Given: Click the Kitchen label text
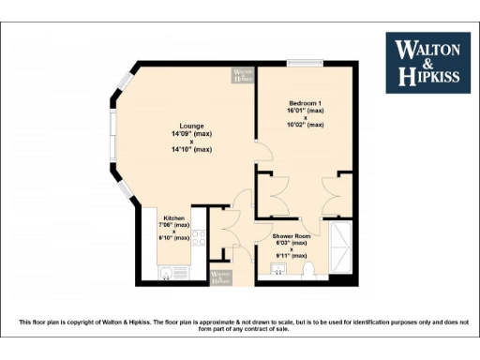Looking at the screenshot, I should (175, 217).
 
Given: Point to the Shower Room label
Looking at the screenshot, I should (292, 235).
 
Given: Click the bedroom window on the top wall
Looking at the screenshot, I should (306, 64).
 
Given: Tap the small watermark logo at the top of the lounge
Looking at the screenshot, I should (243, 75).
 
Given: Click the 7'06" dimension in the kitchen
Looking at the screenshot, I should (175, 224).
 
